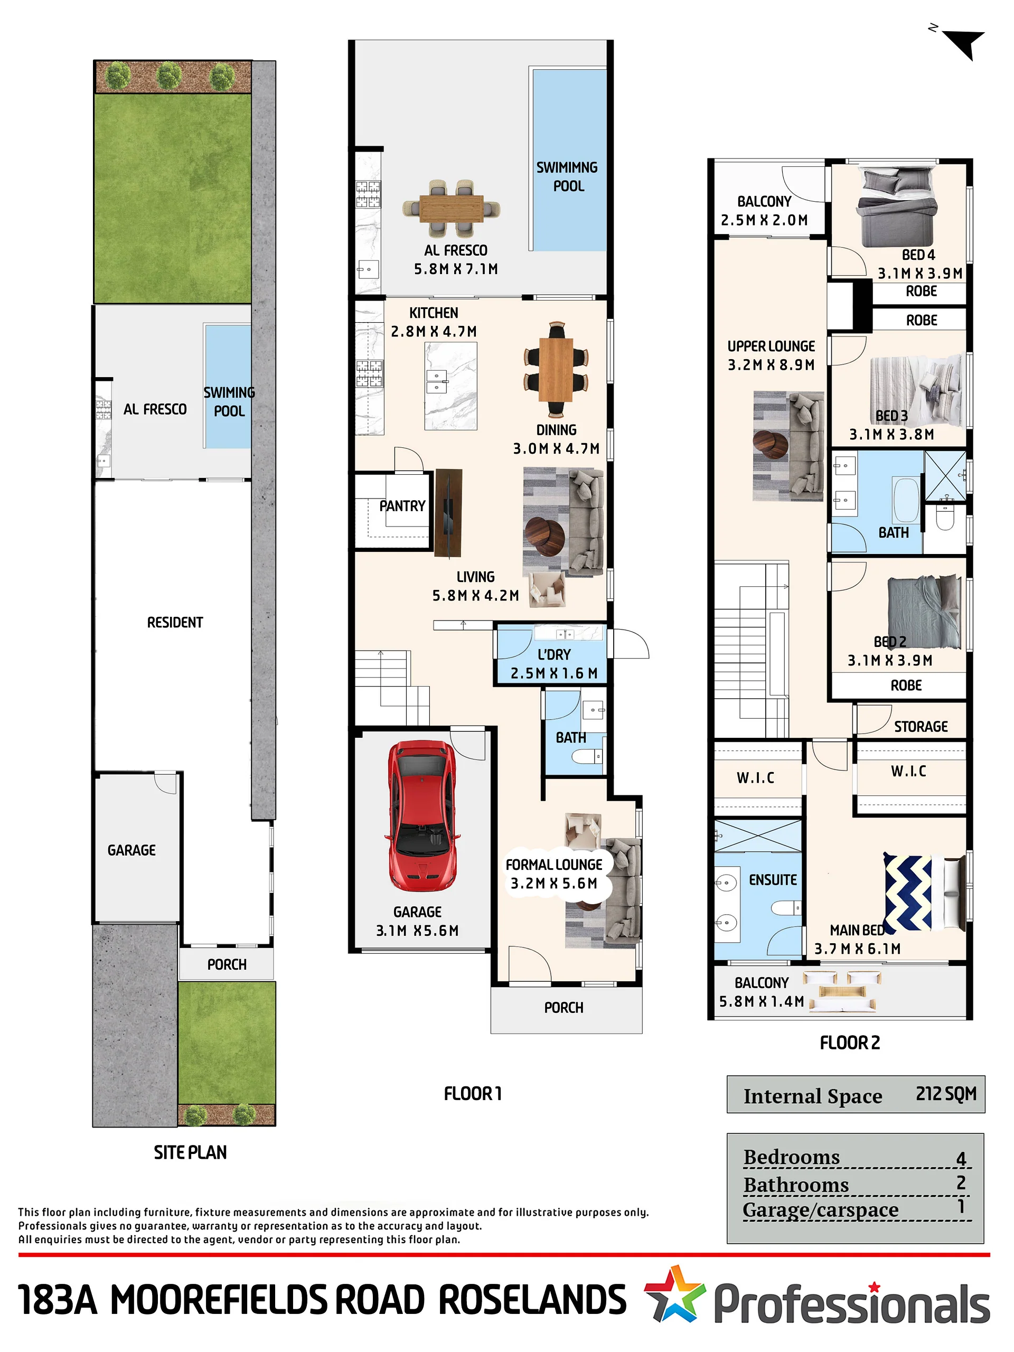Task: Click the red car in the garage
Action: coord(422,815)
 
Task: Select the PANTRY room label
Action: coord(402,505)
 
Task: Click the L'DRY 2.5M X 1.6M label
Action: coord(554,664)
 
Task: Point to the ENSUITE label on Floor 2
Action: coord(773,879)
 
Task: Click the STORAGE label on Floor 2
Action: coord(921,726)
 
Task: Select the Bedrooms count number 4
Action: coord(961,1158)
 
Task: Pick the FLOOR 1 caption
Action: coord(473,1093)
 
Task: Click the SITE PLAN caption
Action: coord(190,1152)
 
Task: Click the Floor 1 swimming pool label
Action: coord(567,176)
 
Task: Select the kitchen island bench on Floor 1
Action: coord(451,386)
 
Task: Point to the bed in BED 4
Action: coord(897,207)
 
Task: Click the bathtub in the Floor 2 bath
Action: coord(906,500)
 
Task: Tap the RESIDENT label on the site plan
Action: coord(175,622)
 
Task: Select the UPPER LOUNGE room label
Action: coord(771,355)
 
